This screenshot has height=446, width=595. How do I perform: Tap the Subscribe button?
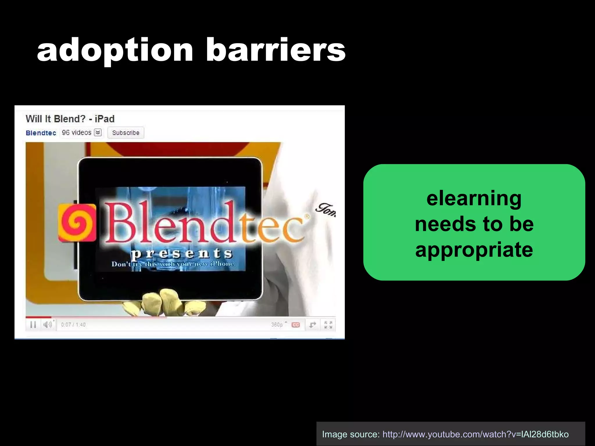pos(126,133)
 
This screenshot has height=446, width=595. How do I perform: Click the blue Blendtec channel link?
pos(41,133)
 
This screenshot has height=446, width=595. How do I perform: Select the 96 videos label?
pos(76,133)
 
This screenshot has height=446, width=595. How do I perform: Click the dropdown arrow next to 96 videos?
pos(98,133)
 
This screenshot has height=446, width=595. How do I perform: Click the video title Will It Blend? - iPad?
pos(70,119)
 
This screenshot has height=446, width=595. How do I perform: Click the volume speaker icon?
pos(47,324)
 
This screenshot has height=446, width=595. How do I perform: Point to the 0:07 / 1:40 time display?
pos(73,325)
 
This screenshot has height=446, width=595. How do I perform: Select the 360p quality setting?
pos(277,325)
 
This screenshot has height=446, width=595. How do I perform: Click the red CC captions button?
pos(295,325)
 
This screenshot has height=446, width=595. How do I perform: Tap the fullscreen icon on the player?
pos(328,325)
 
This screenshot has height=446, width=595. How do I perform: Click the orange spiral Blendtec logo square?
pos(77,222)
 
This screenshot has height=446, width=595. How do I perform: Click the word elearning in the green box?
pos(474,199)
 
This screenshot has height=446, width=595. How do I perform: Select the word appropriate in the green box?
pos(474,250)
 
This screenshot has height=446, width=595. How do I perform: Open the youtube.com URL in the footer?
pos(475,434)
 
